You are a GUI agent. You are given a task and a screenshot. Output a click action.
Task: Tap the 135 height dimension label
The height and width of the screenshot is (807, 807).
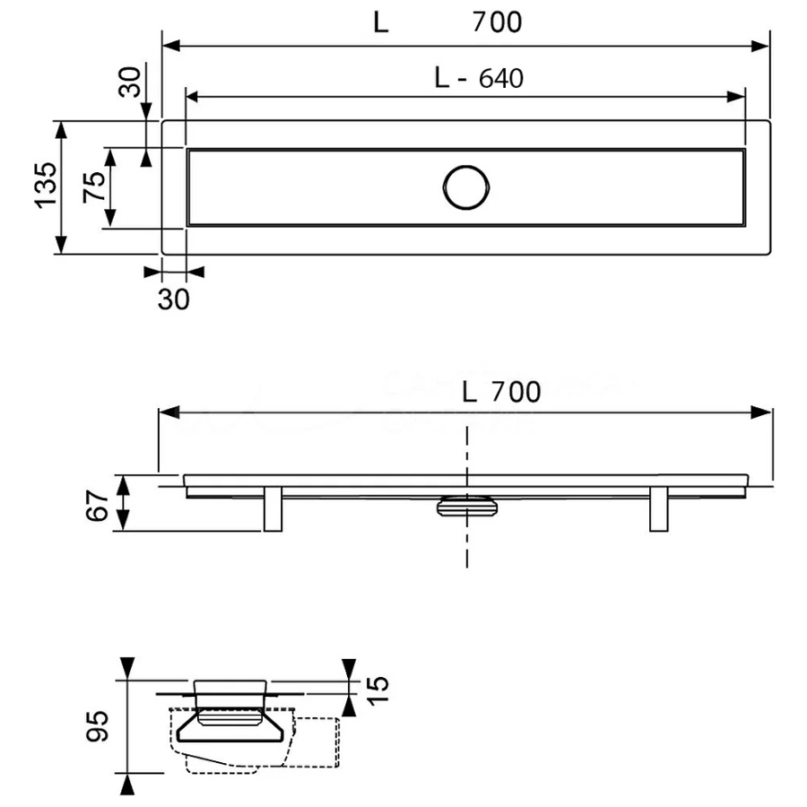46,186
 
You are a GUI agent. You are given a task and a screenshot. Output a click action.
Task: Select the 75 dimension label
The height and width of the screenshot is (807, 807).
94,187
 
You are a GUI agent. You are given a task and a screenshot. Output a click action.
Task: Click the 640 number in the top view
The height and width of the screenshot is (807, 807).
500,79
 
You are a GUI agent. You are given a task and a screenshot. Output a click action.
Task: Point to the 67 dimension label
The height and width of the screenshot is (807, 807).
97,506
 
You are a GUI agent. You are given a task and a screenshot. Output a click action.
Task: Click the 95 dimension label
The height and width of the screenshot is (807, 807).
97,726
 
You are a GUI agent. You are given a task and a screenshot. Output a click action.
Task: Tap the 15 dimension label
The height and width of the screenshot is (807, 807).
377,690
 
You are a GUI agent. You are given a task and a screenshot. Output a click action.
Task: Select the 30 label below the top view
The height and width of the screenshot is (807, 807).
173,299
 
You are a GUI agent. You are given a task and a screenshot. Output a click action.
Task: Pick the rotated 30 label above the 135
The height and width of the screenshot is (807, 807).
129,82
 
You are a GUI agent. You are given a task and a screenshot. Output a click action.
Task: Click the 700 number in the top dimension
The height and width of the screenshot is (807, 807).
497,22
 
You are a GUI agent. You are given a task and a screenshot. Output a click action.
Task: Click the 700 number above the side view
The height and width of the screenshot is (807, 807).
516,392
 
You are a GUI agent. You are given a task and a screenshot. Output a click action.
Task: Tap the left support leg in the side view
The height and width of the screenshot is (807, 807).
273,508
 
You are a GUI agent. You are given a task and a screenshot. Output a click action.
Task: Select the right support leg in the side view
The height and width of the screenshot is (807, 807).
659,508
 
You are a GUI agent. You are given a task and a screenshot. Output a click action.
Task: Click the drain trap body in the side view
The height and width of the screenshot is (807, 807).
467,506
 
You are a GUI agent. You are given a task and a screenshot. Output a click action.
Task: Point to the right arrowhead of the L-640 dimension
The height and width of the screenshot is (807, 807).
736,97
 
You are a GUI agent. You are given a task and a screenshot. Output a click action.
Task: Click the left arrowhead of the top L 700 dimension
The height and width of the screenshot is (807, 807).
171,46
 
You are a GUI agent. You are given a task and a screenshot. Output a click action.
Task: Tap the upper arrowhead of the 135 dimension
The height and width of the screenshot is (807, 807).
61,130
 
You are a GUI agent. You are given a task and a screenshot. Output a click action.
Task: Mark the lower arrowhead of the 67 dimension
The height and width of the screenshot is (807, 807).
123,521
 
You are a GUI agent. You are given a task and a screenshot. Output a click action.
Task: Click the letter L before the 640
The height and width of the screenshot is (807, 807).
441,79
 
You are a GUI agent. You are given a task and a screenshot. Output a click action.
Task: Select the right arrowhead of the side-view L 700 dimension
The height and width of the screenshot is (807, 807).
761,412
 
